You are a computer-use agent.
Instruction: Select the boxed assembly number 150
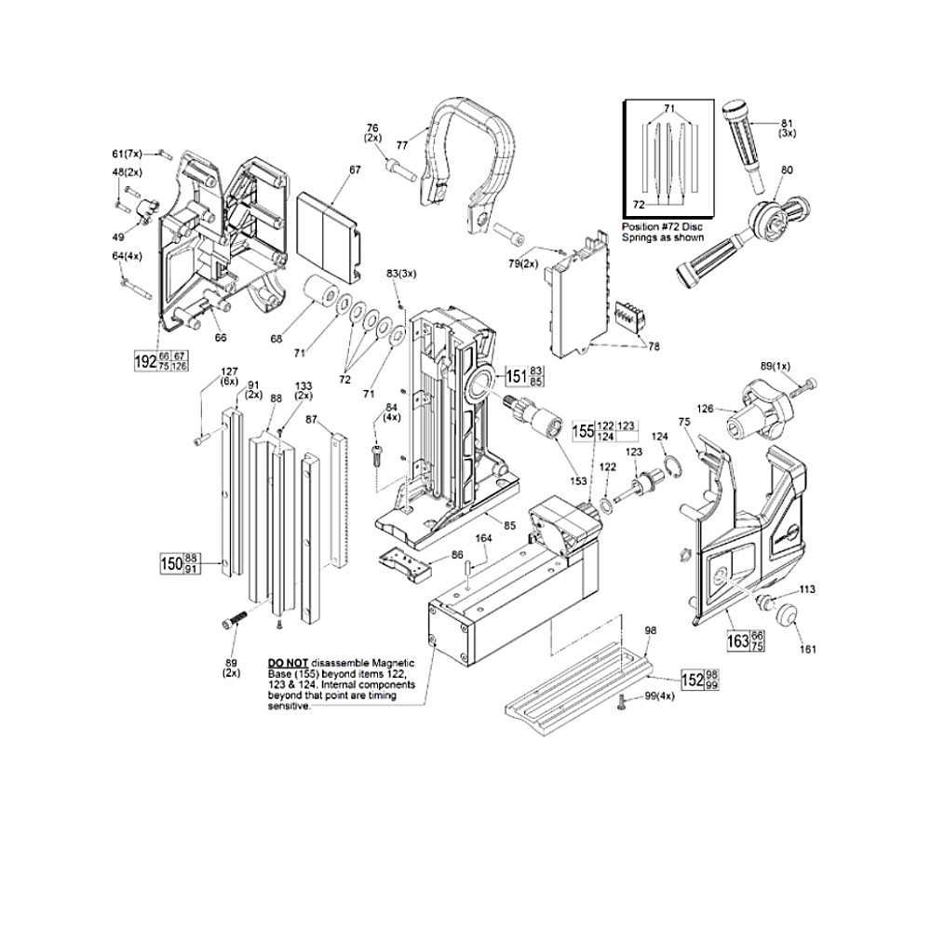[x=170, y=563]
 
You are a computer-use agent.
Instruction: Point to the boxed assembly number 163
[x=738, y=641]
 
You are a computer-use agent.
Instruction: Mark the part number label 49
[x=120, y=236]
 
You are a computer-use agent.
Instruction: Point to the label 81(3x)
[x=787, y=126]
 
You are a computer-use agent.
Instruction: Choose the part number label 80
[x=787, y=170]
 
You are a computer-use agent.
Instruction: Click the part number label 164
[x=483, y=537]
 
